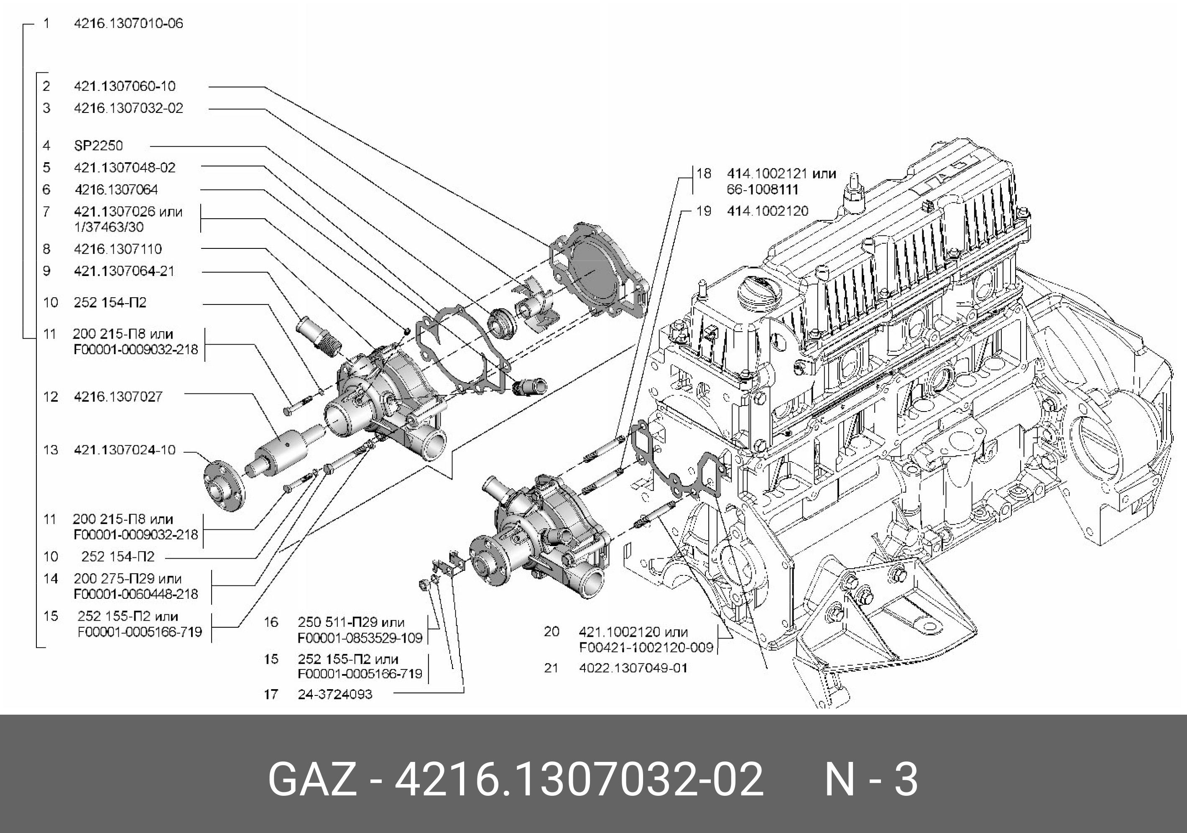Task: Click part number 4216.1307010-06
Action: [128, 23]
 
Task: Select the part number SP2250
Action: [98, 145]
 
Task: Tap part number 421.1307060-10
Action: [125, 86]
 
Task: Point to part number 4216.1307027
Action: [118, 396]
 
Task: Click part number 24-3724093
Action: [335, 694]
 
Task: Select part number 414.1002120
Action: [768, 211]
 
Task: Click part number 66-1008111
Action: [763, 189]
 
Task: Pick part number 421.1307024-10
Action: [125, 450]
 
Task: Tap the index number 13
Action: [51, 450]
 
